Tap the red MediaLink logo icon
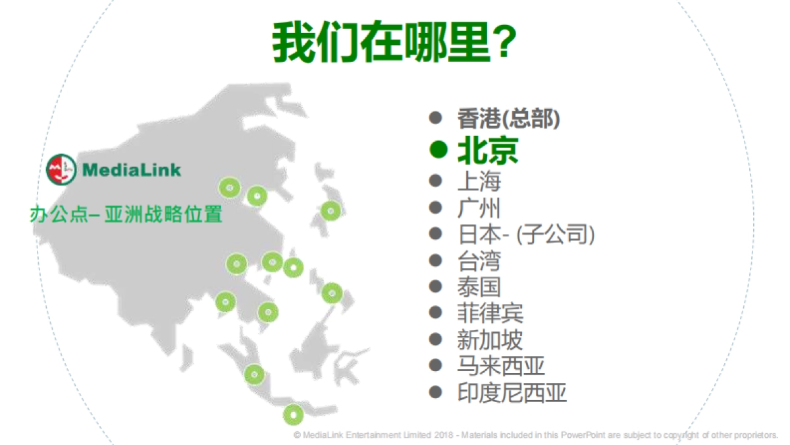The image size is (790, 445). [61, 169]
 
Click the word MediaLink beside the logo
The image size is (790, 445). [132, 170]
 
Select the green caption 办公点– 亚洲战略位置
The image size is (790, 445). [126, 215]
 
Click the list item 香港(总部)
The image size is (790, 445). [508, 119]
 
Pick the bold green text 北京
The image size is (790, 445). [487, 150]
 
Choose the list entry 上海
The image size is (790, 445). [479, 181]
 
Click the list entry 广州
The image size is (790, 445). [479, 208]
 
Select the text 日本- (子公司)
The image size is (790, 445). [525, 234]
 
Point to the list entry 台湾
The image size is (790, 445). [479, 260]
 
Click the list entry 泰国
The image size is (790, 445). [479, 287]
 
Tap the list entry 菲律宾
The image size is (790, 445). [490, 313]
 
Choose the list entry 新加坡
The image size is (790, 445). [490, 340]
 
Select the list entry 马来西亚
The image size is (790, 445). [501, 365]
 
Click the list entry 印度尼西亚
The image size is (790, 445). [512, 393]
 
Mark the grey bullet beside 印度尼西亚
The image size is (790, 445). [435, 392]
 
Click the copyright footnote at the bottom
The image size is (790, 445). [536, 435]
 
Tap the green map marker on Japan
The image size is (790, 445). [331, 211]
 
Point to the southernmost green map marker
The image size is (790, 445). [294, 415]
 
